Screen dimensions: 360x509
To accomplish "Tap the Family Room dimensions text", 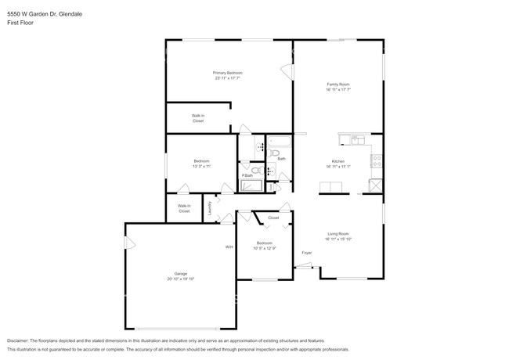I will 338,89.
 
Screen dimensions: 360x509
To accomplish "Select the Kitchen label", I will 338,161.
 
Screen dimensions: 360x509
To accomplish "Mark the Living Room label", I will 338,233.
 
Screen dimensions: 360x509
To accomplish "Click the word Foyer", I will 307,252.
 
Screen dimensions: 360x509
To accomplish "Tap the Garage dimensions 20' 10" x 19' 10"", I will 179,279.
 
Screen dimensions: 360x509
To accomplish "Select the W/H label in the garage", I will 229,247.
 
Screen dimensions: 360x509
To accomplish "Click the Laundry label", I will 210,207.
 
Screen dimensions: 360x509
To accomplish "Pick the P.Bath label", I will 247,175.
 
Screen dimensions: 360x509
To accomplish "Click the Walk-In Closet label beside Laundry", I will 184,208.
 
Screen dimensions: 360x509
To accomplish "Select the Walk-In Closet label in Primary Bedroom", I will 198,118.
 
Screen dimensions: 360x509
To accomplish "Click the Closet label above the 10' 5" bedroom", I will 273,218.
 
